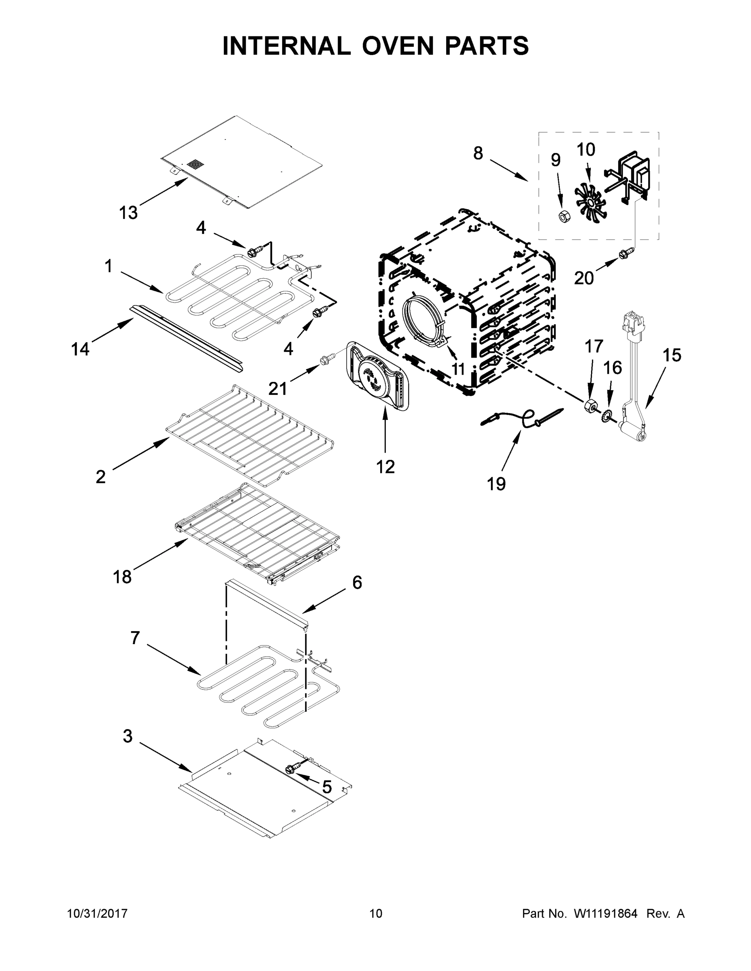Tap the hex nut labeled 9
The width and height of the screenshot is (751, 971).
coord(564,216)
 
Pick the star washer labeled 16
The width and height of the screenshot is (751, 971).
coord(607,418)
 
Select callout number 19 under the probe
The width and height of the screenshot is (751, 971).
coord(496,484)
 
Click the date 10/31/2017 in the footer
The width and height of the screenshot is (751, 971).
coord(97,914)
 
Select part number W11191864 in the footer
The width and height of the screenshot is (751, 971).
coord(606,914)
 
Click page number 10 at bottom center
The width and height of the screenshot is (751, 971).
coord(376,914)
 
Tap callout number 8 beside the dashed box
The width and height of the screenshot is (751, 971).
coord(478,153)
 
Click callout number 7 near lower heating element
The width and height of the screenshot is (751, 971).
coord(135,638)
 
